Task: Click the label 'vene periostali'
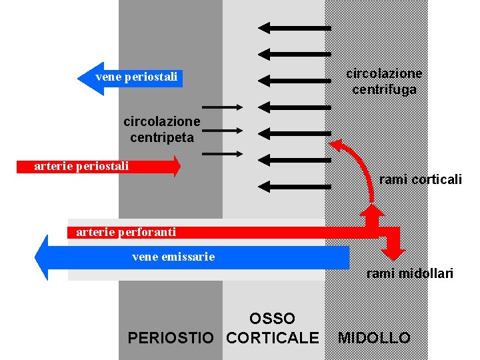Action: [x=136, y=77]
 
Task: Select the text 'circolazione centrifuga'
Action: [x=384, y=81]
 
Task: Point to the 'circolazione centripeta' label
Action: [x=161, y=129]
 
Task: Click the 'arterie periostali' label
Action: [x=81, y=166]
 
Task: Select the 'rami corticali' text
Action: [x=420, y=179]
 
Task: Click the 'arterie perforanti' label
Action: [x=126, y=232]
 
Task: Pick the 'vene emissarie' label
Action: [x=173, y=256]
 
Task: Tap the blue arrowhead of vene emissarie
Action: [x=42, y=257]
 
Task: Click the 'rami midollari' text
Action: [x=409, y=273]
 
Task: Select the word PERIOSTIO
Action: [x=171, y=338]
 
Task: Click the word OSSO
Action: [x=272, y=319]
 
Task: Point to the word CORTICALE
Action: [x=273, y=338]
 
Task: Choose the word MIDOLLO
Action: [x=374, y=338]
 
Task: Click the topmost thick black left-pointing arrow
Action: [x=294, y=27]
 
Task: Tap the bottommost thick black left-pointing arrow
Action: [x=294, y=186]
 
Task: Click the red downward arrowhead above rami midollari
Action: [x=394, y=253]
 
